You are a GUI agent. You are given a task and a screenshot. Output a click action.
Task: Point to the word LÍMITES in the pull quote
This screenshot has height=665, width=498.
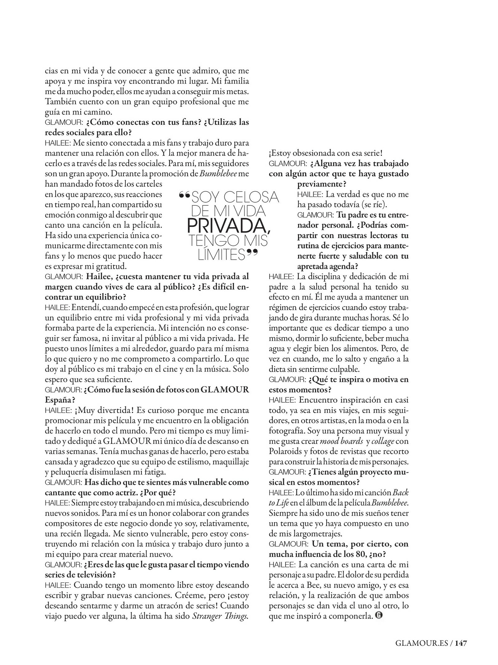point(222,255)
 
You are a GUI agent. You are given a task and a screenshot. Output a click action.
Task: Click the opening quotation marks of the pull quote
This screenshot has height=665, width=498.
point(184,195)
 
